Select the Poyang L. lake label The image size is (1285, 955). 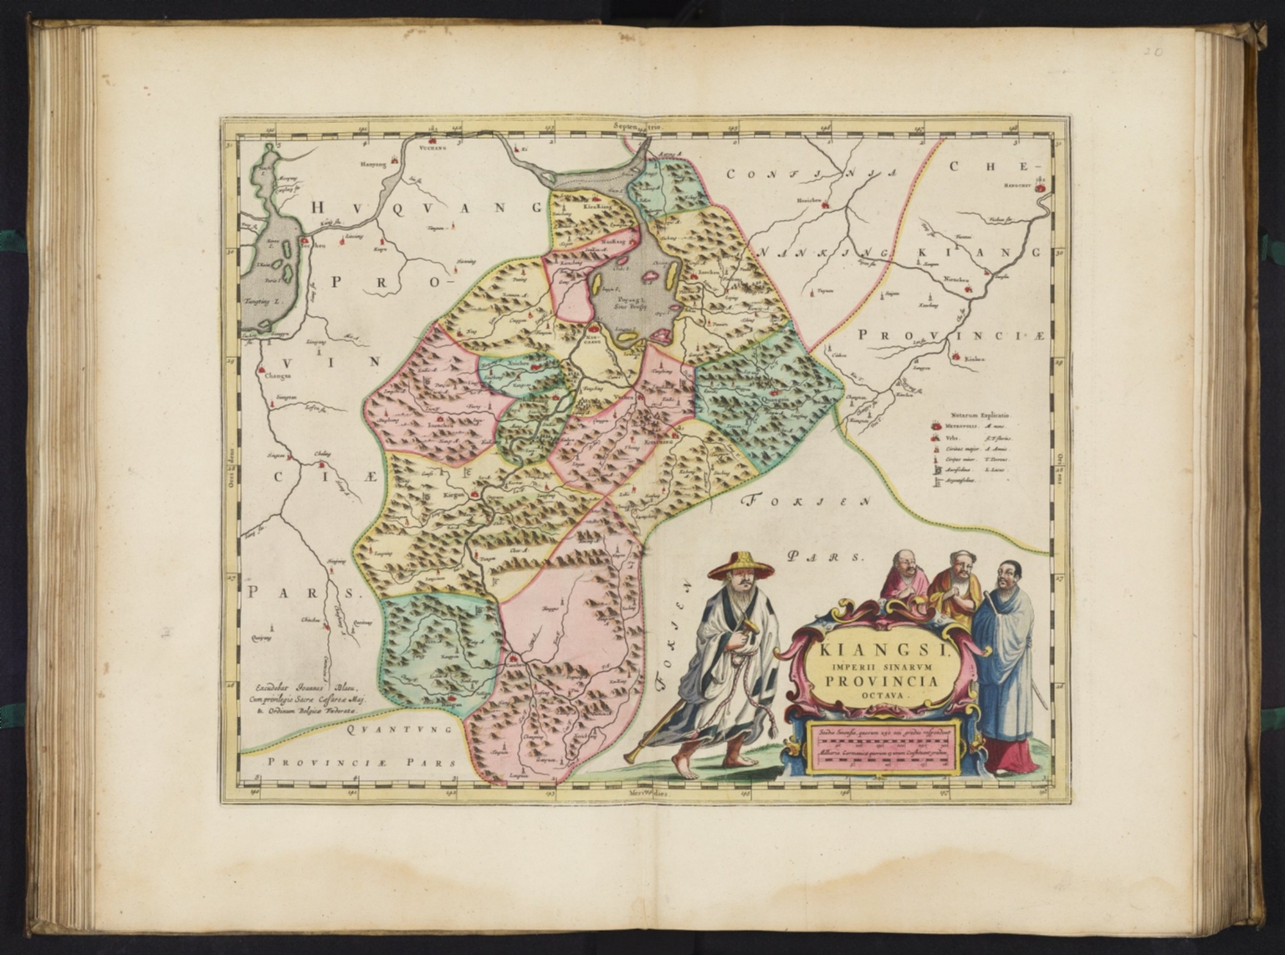pos(623,300)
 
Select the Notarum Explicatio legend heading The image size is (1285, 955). pos(980,414)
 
